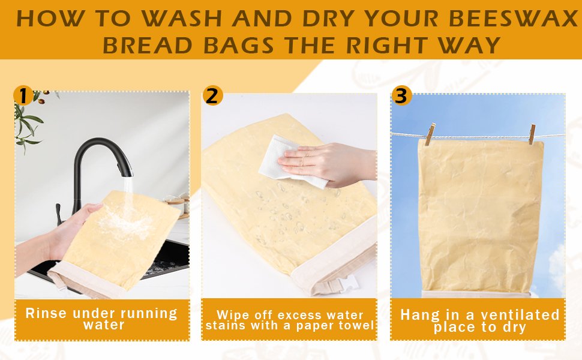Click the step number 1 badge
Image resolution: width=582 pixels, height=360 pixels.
click(x=23, y=95)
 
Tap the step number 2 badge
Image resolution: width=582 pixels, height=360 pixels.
click(x=212, y=95)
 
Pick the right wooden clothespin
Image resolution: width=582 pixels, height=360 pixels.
click(x=532, y=134)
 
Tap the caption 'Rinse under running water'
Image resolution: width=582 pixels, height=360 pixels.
click(x=101, y=319)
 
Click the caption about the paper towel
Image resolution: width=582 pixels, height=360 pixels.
click(x=290, y=320)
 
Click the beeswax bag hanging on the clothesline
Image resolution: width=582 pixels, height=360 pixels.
click(x=480, y=216)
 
